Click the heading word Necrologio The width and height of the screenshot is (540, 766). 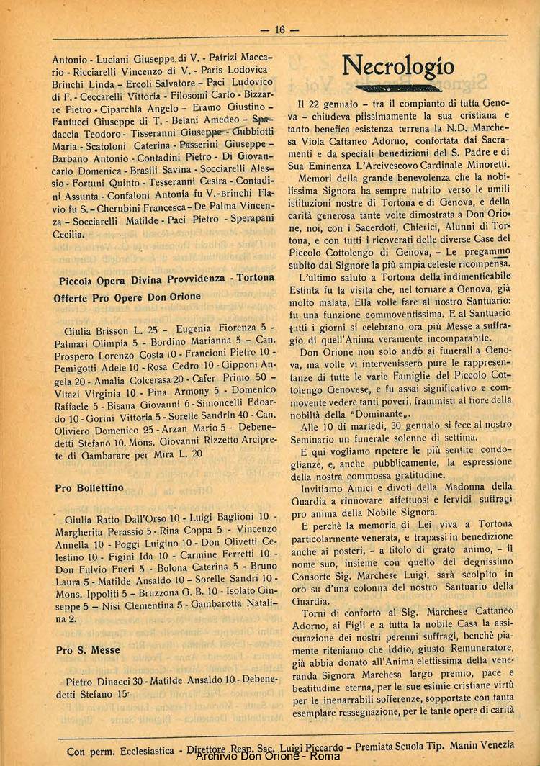coord(398,67)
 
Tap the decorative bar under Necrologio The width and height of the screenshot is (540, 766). coord(398,89)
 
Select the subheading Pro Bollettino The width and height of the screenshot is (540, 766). coord(89,488)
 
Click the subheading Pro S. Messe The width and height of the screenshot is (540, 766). coord(87,650)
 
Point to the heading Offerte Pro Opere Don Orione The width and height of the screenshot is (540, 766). coord(127,297)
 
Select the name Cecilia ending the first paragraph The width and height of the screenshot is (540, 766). coord(69,235)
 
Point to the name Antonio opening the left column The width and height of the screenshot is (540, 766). coord(70,58)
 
